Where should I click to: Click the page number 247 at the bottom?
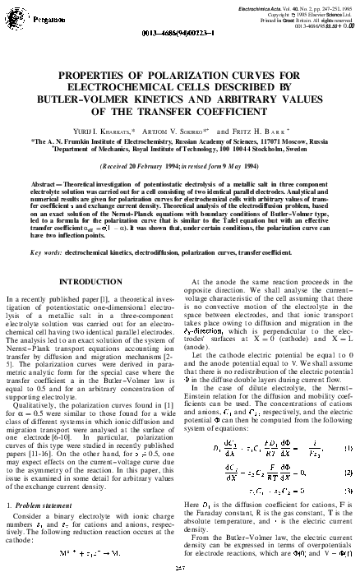tap(178, 567)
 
